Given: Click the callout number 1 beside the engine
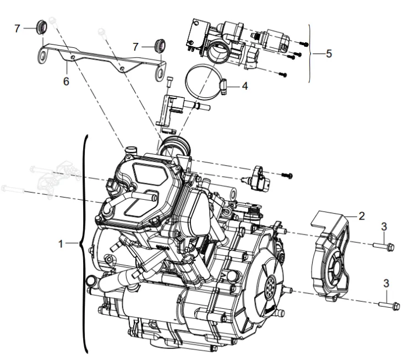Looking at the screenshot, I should tap(63, 243).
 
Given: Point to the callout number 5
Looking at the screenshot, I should tap(329, 54).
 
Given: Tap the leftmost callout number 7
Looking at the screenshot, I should tap(17, 28).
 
